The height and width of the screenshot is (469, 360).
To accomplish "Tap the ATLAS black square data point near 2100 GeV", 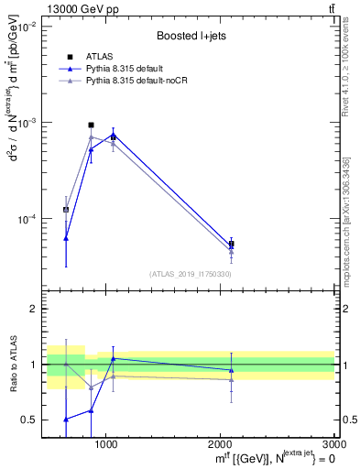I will [231, 245].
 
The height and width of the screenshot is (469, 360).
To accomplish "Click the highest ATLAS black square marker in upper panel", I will [91, 125].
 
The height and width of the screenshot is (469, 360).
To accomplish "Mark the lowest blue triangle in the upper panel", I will [66, 238].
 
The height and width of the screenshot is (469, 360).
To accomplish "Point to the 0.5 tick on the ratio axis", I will [29, 420].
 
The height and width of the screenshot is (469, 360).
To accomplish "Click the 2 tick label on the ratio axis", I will [33, 310].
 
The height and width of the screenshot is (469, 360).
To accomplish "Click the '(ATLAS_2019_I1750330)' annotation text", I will [190, 274].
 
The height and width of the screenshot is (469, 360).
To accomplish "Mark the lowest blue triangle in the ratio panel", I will [66, 419].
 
